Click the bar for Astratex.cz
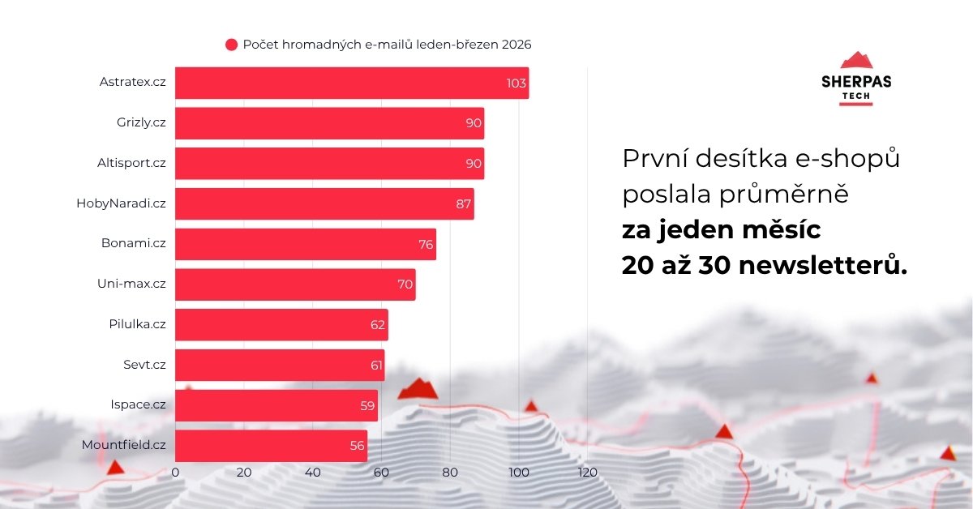352,83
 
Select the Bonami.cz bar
306,244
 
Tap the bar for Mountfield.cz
272,446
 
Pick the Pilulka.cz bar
281,324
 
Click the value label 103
517,83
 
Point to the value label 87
464,204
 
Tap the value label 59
367,405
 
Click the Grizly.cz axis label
141,122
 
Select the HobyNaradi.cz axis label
121,203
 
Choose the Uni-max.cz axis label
131,284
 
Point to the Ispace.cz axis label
138,404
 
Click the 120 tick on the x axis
587,473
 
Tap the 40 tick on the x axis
313,473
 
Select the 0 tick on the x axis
176,473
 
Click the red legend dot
231,45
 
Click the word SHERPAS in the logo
855,81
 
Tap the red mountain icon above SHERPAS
855,60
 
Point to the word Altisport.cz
131,163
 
